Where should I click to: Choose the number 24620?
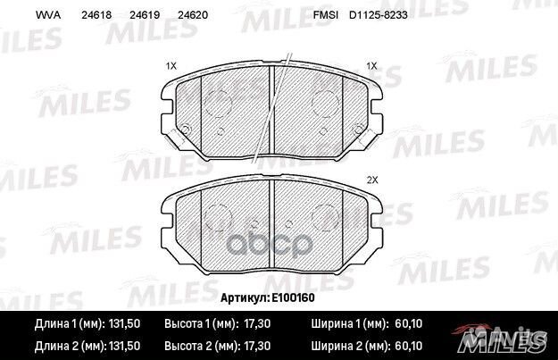click(191, 14)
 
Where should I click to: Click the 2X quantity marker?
click(373, 180)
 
